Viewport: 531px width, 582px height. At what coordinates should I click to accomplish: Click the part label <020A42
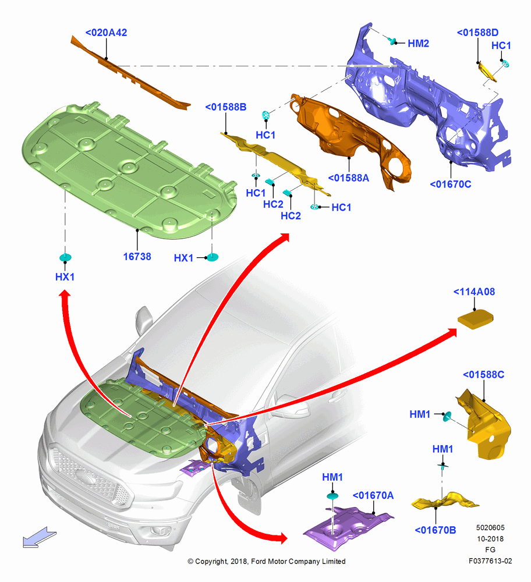(106, 33)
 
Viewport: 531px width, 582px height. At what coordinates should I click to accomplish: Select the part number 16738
(137, 257)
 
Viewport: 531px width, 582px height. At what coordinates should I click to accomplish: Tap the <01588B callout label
(226, 107)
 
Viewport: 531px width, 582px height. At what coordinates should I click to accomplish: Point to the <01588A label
(349, 178)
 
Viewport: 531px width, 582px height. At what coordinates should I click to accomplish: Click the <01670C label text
(451, 184)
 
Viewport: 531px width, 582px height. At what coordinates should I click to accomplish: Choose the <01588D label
(477, 33)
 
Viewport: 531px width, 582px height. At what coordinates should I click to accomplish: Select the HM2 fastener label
(419, 44)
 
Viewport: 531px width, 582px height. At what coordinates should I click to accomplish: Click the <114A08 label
(474, 292)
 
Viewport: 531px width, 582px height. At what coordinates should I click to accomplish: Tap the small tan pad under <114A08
(475, 319)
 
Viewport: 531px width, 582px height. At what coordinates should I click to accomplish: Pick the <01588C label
(483, 375)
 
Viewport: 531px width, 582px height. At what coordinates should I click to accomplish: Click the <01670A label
(373, 495)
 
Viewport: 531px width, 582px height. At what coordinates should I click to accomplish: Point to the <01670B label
(435, 530)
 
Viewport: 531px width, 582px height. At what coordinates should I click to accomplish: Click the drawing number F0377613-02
(490, 561)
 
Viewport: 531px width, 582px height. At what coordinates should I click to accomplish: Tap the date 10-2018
(490, 538)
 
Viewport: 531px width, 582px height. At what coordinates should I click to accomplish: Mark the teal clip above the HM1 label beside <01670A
(332, 495)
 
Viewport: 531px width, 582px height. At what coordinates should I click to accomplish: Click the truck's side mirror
(143, 320)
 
